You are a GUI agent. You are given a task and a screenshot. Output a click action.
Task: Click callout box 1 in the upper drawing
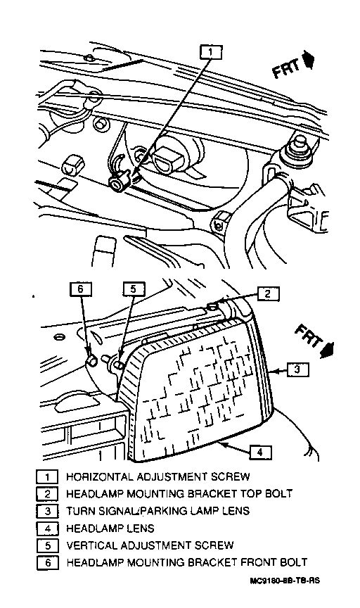211,52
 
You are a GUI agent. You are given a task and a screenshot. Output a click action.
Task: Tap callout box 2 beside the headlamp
268,294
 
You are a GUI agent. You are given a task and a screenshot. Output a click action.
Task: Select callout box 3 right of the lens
297,369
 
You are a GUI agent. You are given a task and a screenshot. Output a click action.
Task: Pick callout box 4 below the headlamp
260,452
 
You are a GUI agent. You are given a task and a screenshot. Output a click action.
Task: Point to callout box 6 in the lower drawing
81,289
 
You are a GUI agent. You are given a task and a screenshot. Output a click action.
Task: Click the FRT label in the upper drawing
287,69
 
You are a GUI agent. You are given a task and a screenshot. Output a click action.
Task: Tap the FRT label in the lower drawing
309,336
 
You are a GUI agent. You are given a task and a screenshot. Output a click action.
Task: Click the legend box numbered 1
47,476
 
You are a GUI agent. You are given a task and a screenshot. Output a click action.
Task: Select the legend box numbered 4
47,528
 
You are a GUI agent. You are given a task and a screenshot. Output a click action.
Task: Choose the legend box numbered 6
47,563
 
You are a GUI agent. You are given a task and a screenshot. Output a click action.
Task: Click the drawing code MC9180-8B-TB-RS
285,581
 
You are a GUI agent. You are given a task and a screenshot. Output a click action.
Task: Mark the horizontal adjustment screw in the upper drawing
118,182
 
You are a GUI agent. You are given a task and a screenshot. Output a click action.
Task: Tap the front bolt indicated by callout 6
91,361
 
